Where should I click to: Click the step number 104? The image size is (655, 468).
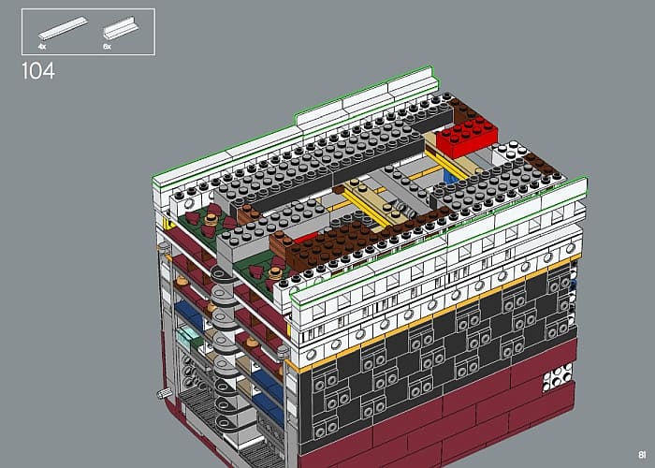(38, 71)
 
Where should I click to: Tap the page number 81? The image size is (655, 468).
(642, 455)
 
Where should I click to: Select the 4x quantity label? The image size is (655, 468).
(42, 47)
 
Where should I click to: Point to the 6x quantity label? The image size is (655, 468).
(107, 47)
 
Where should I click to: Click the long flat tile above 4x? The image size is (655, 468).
(63, 28)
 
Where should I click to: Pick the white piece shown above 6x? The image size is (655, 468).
(121, 28)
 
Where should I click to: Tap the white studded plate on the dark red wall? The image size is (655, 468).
(558, 377)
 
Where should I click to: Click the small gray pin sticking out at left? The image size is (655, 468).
(165, 393)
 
